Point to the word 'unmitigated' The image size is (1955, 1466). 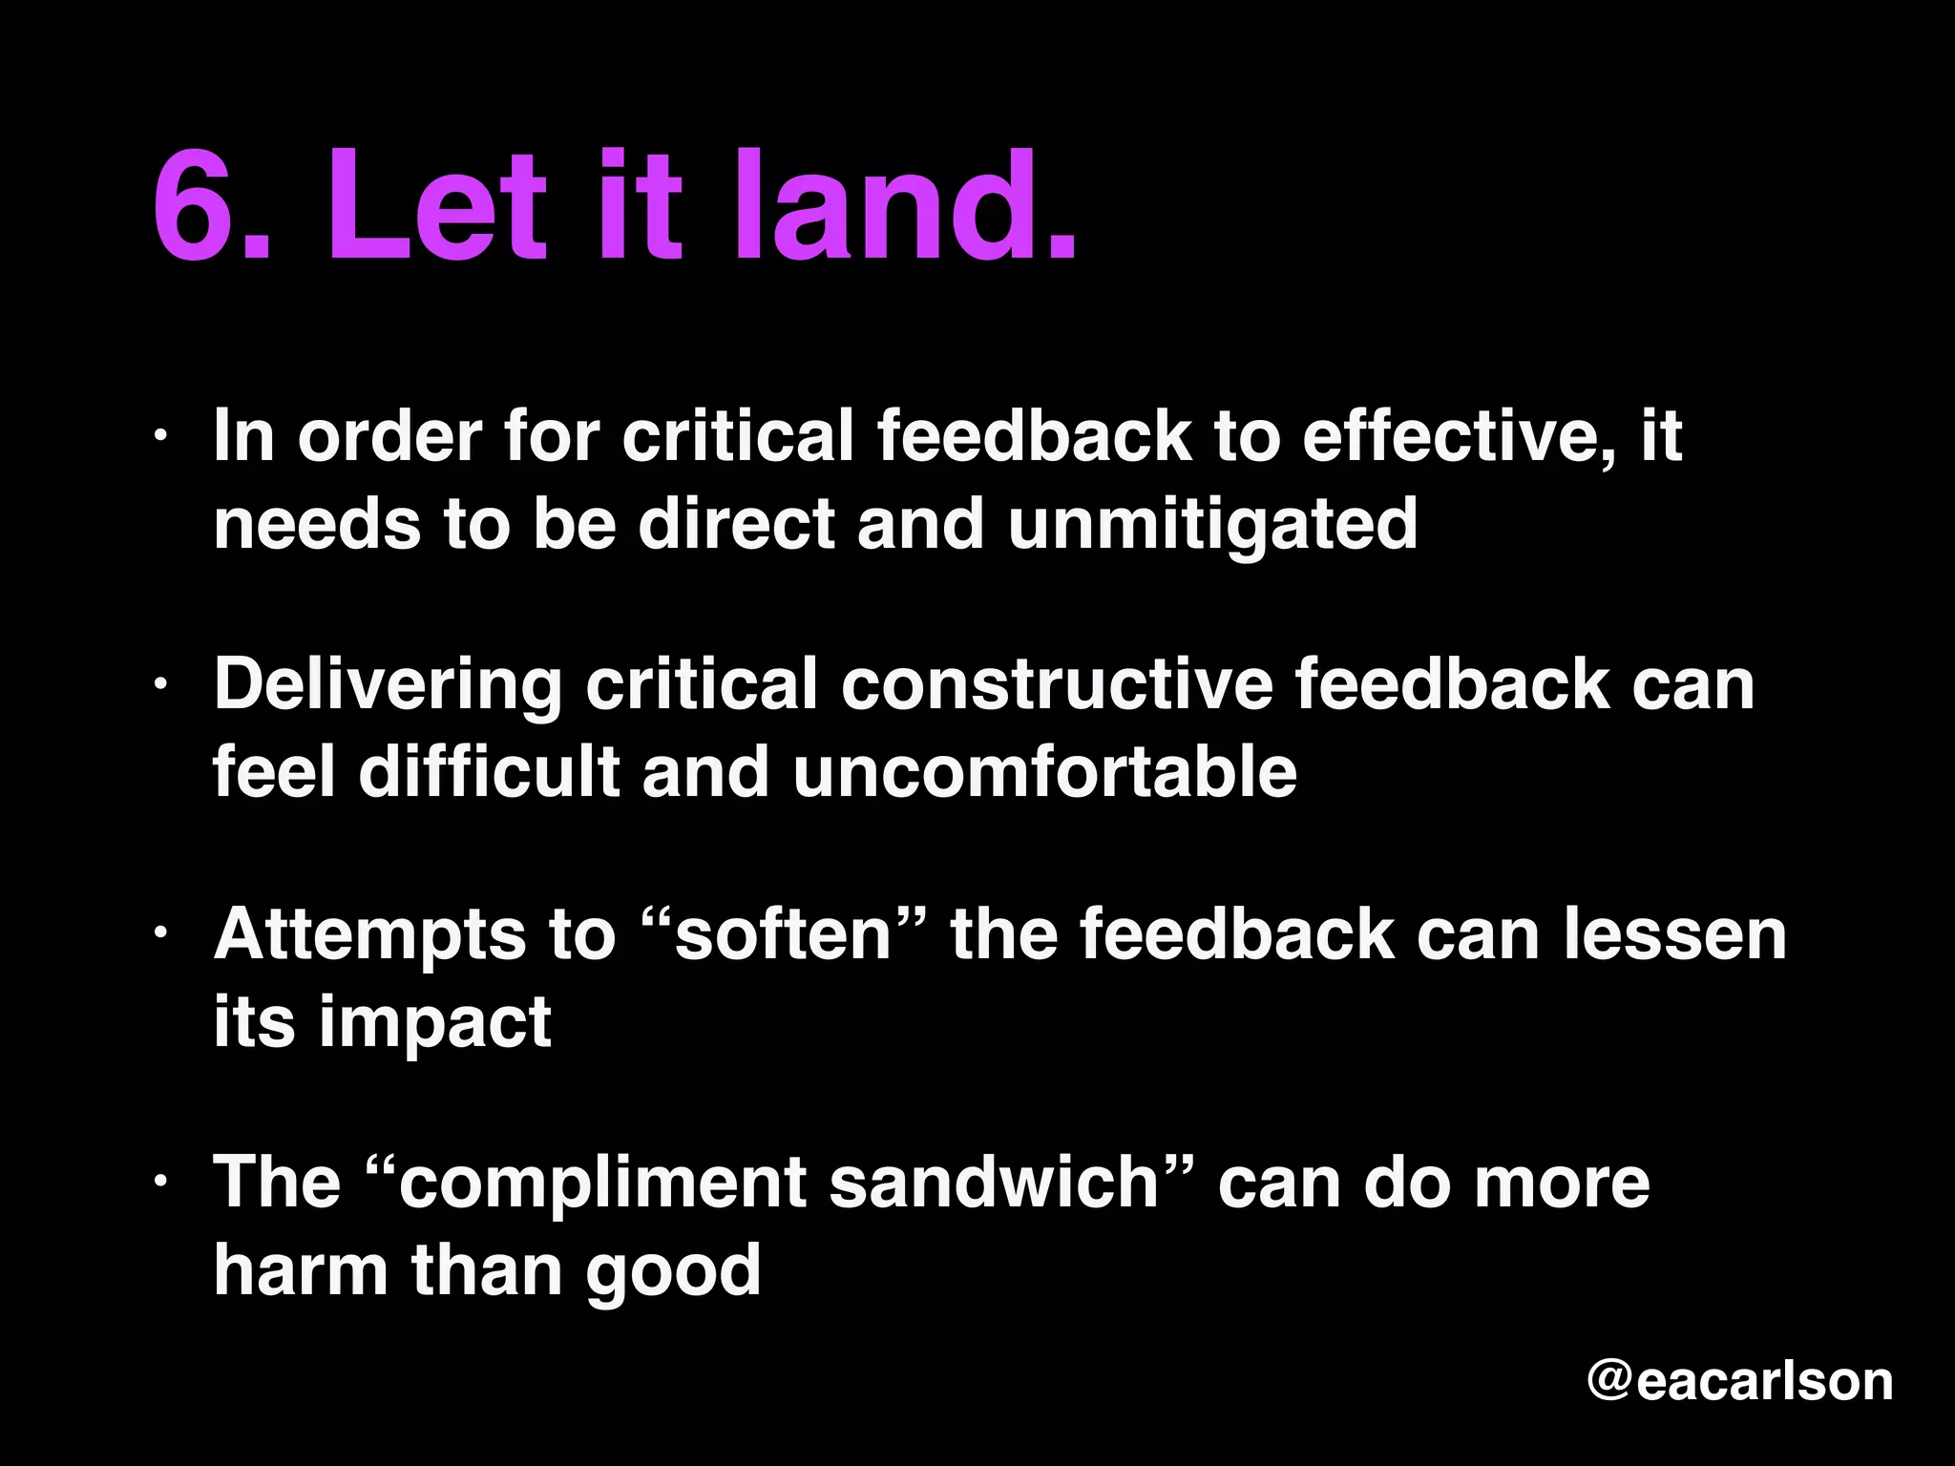tap(1212, 524)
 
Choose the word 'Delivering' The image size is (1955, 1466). tap(388, 685)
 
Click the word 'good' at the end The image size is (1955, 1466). tap(673, 1271)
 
